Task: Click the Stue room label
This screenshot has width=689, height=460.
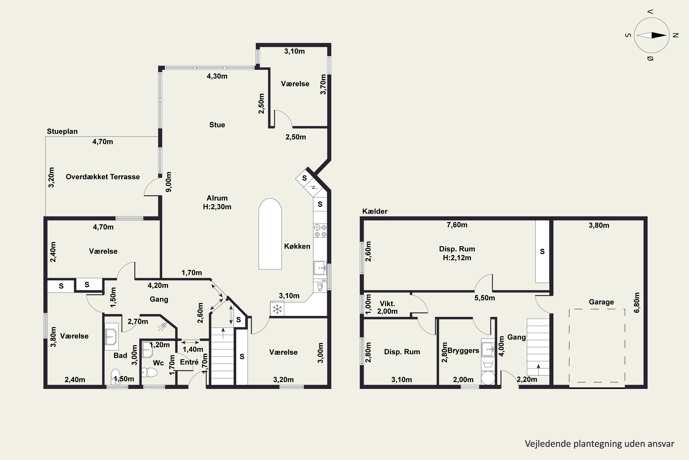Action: click(x=217, y=125)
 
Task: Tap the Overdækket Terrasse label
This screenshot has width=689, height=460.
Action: click(x=103, y=177)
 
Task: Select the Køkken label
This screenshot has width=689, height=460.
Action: click(x=297, y=246)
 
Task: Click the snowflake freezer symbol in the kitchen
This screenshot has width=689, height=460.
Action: click(x=277, y=309)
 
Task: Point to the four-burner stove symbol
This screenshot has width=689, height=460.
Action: click(x=320, y=231)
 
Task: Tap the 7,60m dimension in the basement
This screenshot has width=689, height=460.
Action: click(x=457, y=225)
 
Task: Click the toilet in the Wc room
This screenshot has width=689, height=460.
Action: click(x=150, y=373)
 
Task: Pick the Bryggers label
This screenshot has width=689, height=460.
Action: click(x=463, y=351)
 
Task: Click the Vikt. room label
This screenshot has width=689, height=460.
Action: click(x=387, y=304)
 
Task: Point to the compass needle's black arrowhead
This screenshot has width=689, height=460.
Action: click(x=659, y=35)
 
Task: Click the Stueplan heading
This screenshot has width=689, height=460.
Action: click(x=62, y=131)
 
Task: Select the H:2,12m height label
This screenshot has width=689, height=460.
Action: click(x=457, y=258)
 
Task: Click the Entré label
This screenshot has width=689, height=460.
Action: click(x=189, y=362)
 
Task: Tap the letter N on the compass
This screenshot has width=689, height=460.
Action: click(x=676, y=35)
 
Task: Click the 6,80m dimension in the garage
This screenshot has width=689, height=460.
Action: click(x=637, y=302)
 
